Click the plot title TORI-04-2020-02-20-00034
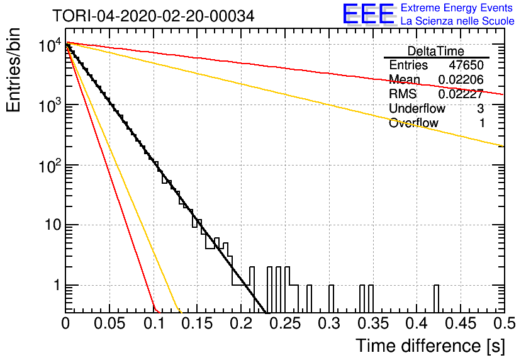pos(154,16)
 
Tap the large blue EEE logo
pos(369,14)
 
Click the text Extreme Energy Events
pos(457,8)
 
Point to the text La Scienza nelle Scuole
pos(457,21)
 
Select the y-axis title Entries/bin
pos(13,70)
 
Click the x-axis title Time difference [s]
pos(430,346)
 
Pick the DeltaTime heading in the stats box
pos(435,51)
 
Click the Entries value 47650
pos(466,65)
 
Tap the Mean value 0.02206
pos(461,79)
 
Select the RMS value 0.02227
pos(461,94)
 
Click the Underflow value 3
pos(480,108)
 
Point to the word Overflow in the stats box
pos(413,123)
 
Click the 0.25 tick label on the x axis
pos(286,323)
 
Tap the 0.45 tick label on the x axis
pos(461,323)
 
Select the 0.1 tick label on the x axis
pos(154,323)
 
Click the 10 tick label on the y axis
pos(53,225)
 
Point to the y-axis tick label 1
pos(57,285)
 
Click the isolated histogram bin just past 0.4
pos(436,298)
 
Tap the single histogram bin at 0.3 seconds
pos(331,298)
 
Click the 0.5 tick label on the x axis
pos(505,323)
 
